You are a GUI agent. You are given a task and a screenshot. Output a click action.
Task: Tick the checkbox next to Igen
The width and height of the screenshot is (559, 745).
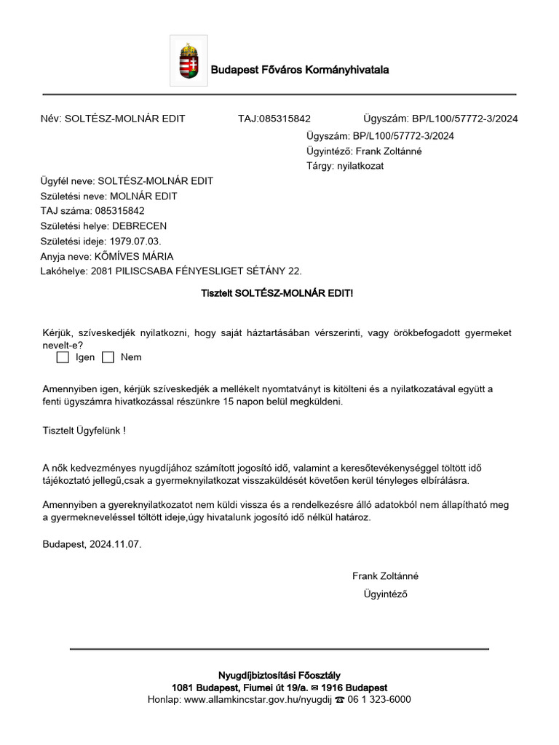[x=63, y=357]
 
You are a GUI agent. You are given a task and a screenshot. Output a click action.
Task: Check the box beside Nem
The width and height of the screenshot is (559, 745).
[x=108, y=357]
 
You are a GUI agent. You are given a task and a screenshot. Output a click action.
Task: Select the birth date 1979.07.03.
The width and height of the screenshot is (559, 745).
[x=135, y=241]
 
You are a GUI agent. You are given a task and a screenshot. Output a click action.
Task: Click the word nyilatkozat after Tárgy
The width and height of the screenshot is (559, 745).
[x=360, y=166]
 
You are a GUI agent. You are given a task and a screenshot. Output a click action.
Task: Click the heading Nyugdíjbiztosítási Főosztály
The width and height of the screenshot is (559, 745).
[x=279, y=675]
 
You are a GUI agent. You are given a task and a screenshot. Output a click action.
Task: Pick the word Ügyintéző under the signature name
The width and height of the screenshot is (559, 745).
[x=385, y=594]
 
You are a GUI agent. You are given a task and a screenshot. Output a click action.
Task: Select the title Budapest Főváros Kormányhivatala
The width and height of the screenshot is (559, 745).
[x=300, y=70]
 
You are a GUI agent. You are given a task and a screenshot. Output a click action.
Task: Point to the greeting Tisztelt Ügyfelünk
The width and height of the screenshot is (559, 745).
[x=84, y=431]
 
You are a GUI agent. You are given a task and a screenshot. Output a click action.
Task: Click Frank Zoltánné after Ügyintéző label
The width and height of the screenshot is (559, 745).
[x=389, y=151]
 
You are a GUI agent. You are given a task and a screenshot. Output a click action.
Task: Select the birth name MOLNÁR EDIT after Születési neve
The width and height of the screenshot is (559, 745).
[x=143, y=196]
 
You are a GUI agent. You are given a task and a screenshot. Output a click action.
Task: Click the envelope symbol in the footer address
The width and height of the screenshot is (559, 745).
[x=314, y=688]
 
